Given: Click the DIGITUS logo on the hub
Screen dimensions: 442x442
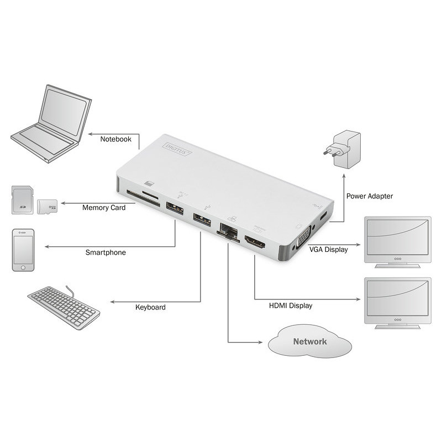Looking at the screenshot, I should (x=177, y=147).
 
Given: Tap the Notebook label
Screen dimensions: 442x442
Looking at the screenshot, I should (x=115, y=139).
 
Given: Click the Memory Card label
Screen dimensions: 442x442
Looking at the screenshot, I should (x=104, y=208).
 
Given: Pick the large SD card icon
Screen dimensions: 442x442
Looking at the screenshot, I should (x=22, y=199).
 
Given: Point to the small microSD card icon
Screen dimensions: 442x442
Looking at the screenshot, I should (x=47, y=207).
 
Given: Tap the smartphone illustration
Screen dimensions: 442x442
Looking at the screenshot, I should (x=23, y=250).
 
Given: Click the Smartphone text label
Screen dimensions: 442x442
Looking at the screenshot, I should (x=106, y=252).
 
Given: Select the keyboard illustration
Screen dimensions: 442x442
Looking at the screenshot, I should (x=64, y=307).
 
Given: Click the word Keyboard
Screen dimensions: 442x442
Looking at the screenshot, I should (x=150, y=307).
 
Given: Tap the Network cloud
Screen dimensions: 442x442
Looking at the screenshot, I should (x=309, y=342).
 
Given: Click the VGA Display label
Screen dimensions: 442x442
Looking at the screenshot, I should (x=328, y=249).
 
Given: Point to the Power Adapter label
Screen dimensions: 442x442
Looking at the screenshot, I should (x=370, y=196).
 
